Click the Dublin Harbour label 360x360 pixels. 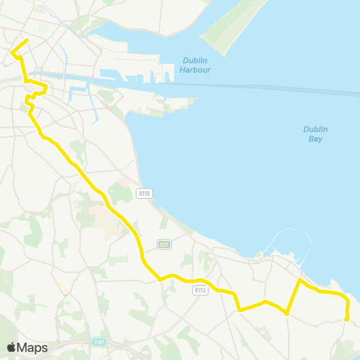(x=194, y=65)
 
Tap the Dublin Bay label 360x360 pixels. (x=316, y=133)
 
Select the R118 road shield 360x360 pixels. (x=145, y=193)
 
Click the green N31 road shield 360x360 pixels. (x=165, y=244)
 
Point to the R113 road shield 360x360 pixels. (x=199, y=289)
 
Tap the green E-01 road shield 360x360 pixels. (x=99, y=343)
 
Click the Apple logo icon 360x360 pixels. (x=11, y=347)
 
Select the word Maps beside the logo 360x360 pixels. (x=32, y=347)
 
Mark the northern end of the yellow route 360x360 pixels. (x=28, y=40)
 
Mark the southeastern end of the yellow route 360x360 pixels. (x=346, y=319)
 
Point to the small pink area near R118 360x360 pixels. (x=124, y=181)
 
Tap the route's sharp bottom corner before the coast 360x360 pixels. (x=286, y=313)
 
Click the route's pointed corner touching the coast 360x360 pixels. (x=300, y=280)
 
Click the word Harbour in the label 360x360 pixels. (x=195, y=70)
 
